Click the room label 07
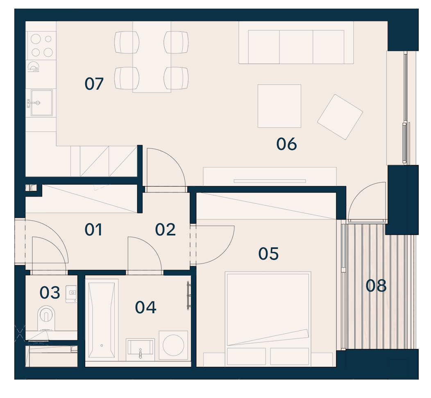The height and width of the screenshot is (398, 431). point(94,84)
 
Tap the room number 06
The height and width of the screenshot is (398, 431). point(286,144)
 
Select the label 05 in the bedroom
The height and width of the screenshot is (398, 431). point(268,253)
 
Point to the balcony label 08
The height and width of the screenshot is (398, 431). point(376,285)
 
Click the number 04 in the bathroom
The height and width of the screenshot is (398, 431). point(146,308)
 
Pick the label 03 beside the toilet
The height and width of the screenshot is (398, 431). point(50,292)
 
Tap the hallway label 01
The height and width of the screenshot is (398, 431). point(93,230)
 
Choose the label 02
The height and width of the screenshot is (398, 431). point(165,230)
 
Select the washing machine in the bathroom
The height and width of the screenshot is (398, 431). point(173,345)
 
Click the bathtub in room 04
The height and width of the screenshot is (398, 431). point(102,320)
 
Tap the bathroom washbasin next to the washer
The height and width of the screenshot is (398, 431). point(140,349)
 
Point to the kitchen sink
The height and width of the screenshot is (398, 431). point(41,103)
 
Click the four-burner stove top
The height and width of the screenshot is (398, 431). point(41,45)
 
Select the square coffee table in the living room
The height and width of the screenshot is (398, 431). point(279,106)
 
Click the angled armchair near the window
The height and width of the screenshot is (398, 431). point(340,117)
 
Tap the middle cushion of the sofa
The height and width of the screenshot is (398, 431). point(296,47)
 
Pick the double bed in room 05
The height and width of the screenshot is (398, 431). point(268,319)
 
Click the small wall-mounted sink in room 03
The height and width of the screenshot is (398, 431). point(71,294)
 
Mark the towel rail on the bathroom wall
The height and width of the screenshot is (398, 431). point(188,296)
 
